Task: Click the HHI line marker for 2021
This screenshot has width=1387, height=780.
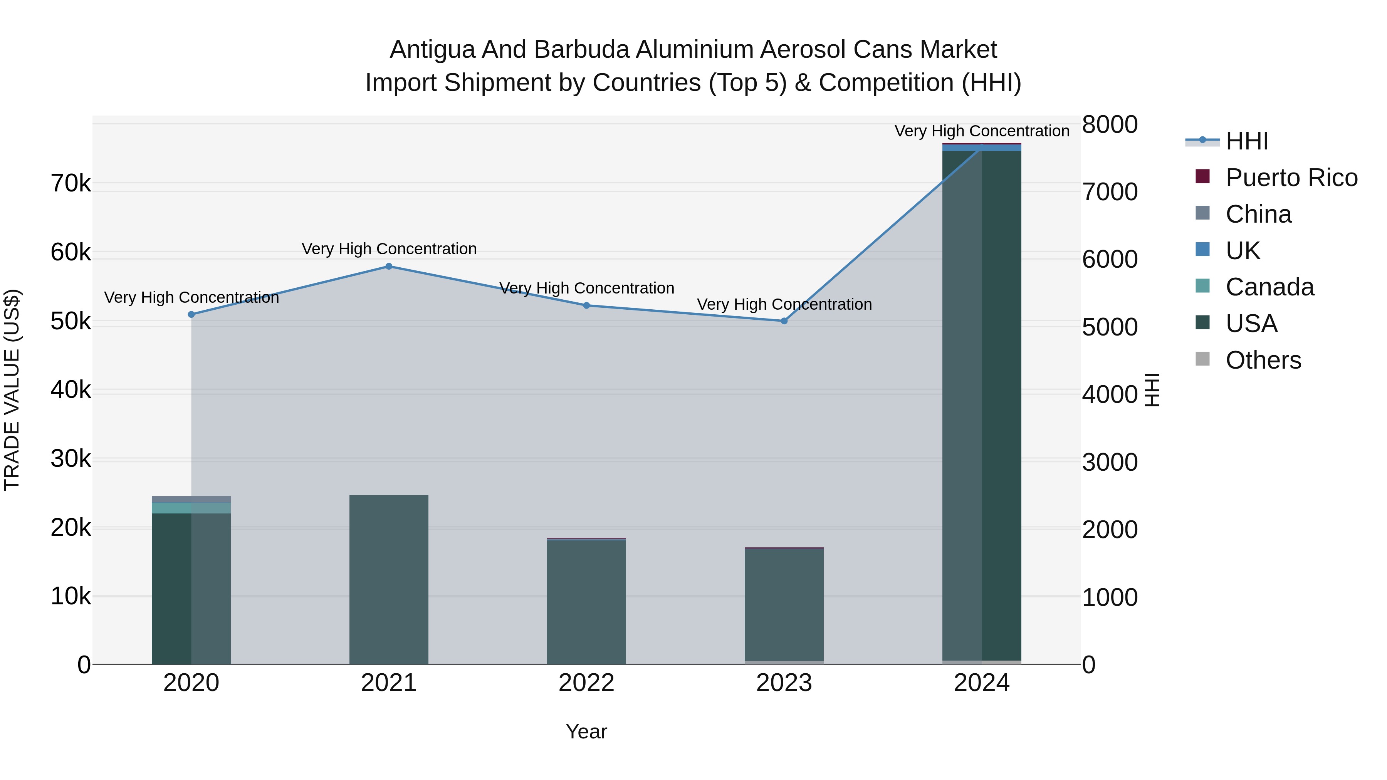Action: click(x=389, y=267)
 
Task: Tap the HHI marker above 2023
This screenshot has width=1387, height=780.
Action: click(x=784, y=321)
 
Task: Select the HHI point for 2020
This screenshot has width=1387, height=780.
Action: click(x=191, y=314)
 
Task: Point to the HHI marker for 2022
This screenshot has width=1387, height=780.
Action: click(x=587, y=305)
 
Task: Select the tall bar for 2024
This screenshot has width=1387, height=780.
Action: click(x=982, y=404)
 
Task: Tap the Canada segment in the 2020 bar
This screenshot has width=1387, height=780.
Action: click(x=191, y=508)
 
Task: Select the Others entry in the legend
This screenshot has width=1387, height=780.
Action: click(x=1263, y=360)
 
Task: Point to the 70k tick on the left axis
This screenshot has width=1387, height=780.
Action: click(x=71, y=184)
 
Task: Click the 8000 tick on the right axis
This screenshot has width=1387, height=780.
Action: click(x=1110, y=125)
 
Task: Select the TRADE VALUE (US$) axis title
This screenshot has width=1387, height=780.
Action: click(x=12, y=390)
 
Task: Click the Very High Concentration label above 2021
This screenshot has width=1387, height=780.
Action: click(x=389, y=249)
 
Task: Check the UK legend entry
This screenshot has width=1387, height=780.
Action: click(x=1243, y=251)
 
